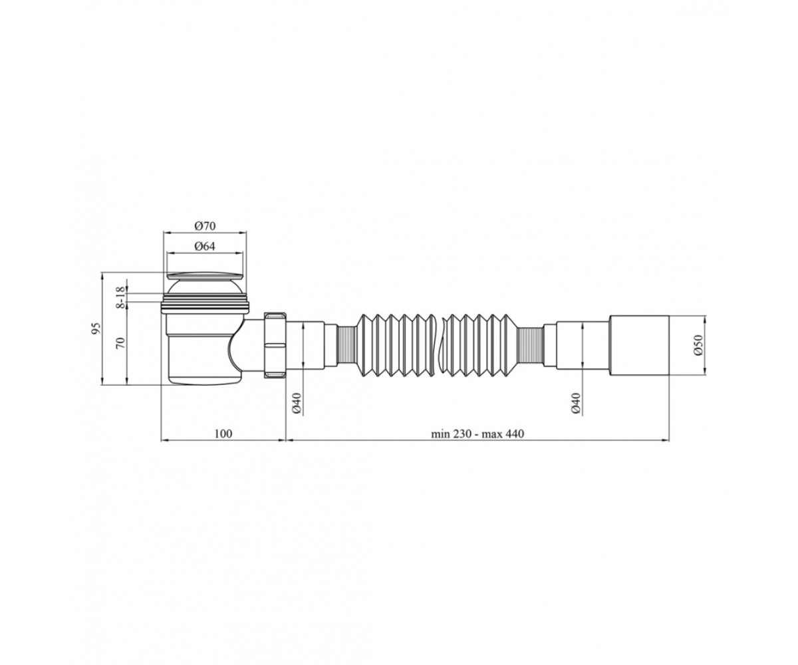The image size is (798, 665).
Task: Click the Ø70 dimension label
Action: coord(205,226)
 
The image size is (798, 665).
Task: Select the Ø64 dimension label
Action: coord(205,247)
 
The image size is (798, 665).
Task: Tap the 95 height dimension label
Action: coord(96,329)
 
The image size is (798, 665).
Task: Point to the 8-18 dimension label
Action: coord(120,298)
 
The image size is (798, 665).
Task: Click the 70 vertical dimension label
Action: coord(120,342)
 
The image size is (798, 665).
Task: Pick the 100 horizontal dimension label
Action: coord(223,434)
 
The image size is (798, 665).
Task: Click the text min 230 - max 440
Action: coord(477,434)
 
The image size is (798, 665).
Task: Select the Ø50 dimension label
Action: coord(698,345)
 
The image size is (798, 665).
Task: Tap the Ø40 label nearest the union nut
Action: coord(298,404)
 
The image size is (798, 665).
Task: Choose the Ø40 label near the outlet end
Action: coord(577,404)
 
